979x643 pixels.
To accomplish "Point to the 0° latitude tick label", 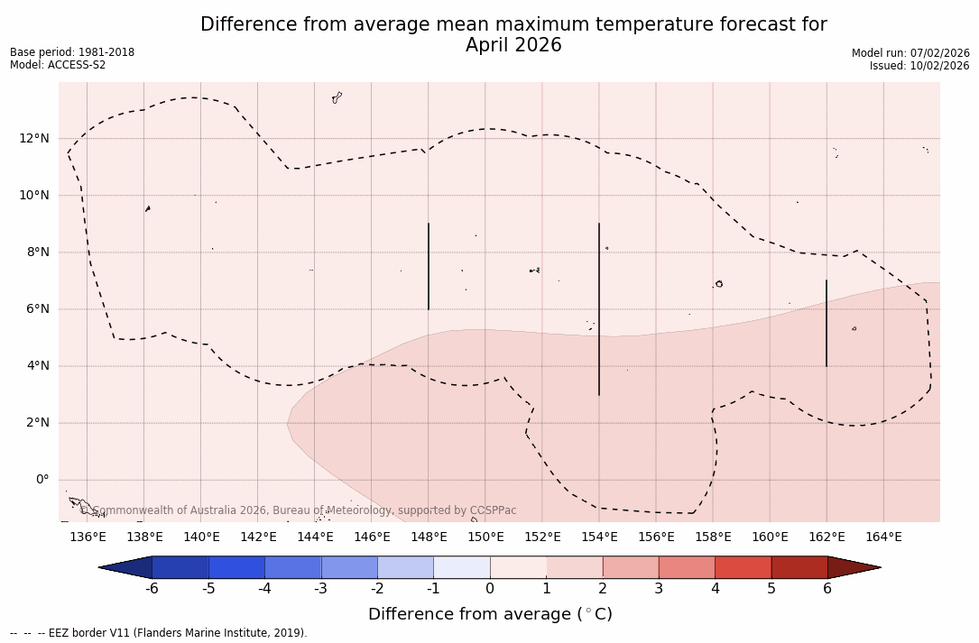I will [42, 480].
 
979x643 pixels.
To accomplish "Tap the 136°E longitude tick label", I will [88, 537].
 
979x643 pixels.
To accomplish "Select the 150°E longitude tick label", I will [485, 537].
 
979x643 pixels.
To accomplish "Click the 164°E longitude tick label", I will [883, 537].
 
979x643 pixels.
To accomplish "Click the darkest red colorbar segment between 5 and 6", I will [799, 567].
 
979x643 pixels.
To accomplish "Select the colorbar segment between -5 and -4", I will [236, 567].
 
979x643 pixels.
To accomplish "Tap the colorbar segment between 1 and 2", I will [574, 567].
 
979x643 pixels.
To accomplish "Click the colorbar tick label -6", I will [152, 589].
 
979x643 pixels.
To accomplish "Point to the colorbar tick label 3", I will [659, 589].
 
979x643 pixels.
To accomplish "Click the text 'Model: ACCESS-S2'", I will [58, 65].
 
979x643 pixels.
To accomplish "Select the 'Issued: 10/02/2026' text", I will [919, 66].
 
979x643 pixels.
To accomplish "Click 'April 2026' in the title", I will [513, 45].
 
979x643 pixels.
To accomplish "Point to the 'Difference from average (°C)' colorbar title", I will [490, 614].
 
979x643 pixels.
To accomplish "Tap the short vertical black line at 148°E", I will [429, 266].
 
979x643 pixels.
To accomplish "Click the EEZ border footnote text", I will [159, 633].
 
